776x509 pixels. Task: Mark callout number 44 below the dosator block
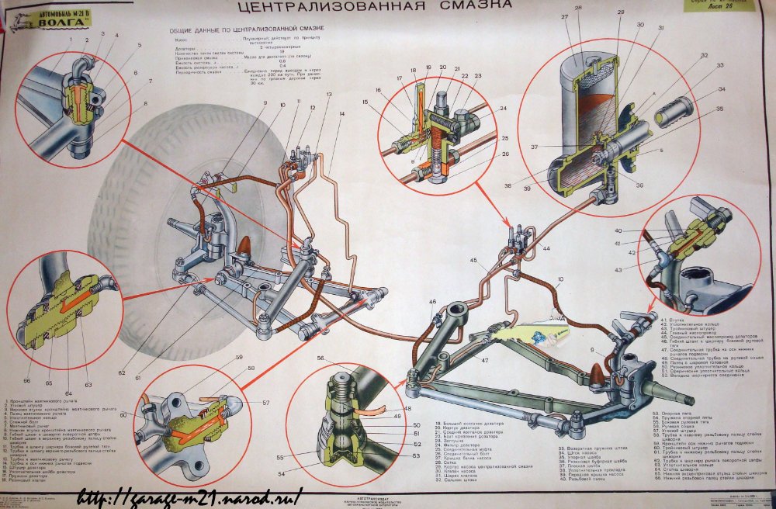[x=546, y=249]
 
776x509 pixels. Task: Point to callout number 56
[x=320, y=357]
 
